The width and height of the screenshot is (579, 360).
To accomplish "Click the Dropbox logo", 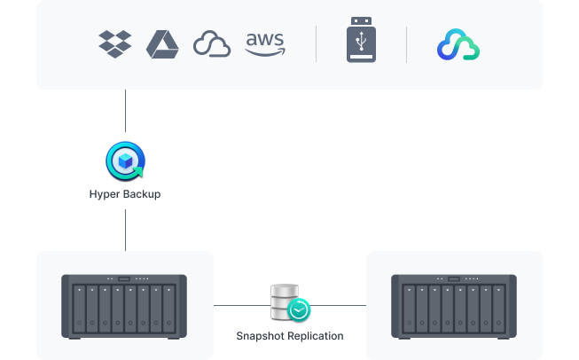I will [x=115, y=44].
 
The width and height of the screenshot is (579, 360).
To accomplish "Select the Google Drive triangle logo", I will [x=162, y=44].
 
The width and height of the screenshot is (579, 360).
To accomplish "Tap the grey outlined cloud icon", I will [x=212, y=44].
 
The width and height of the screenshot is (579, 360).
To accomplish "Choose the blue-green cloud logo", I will [x=458, y=45].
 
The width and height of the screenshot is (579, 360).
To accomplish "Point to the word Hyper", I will [x=105, y=194].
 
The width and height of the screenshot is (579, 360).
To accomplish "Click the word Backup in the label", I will [x=141, y=194].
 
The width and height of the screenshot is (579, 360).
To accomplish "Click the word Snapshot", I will [x=259, y=336].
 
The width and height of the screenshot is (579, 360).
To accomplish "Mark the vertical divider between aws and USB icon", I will [x=317, y=44].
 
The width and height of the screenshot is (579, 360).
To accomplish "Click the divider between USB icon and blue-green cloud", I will [x=407, y=44].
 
